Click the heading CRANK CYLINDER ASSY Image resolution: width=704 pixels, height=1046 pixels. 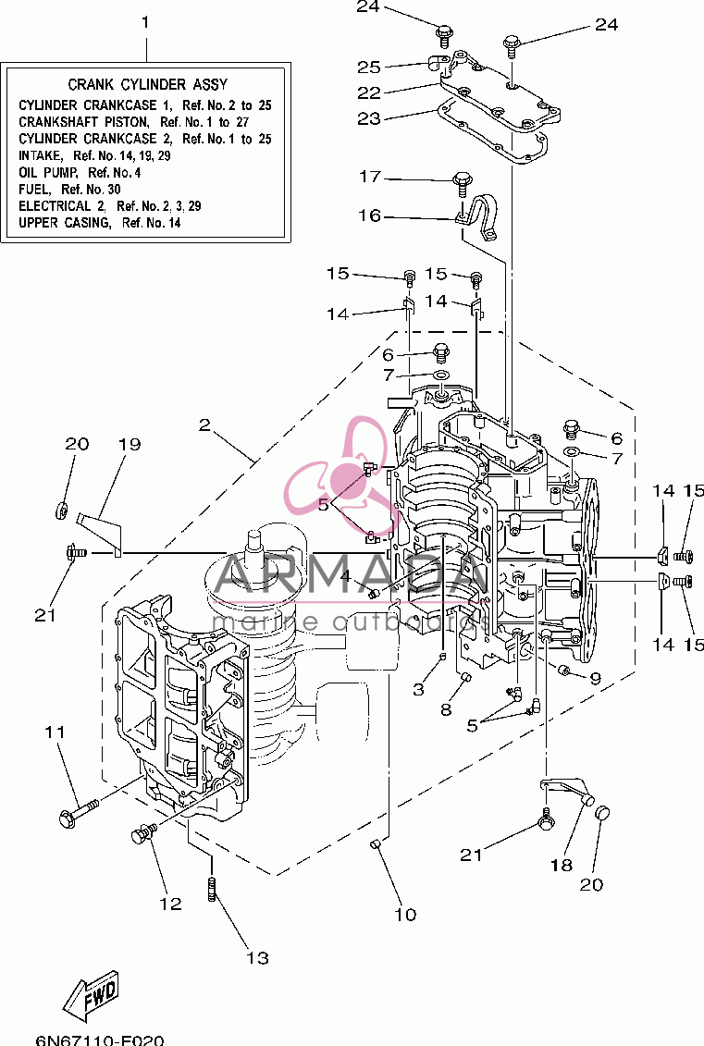coord(147,85)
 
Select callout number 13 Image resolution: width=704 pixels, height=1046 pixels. coord(257,958)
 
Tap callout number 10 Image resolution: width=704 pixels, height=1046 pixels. coord(406,914)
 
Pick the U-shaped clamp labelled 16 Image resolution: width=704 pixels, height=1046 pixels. coord(477,217)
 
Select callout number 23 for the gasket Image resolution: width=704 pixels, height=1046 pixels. coord(369,118)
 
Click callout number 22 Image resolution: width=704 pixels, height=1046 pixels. coord(369,92)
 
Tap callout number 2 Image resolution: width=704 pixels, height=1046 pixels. coord(204,425)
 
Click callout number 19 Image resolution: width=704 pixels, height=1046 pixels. coord(130,444)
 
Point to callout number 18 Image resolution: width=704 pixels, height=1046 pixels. coord(562,866)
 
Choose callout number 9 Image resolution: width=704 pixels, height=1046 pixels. coord(595,679)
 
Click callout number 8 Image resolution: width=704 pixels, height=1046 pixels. coord(447,709)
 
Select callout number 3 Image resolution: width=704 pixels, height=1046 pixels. coord(418,689)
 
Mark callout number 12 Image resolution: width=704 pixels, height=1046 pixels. coord(171,904)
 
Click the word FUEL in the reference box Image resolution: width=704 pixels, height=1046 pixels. coord(33,190)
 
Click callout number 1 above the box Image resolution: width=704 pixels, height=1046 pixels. coord(145,23)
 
